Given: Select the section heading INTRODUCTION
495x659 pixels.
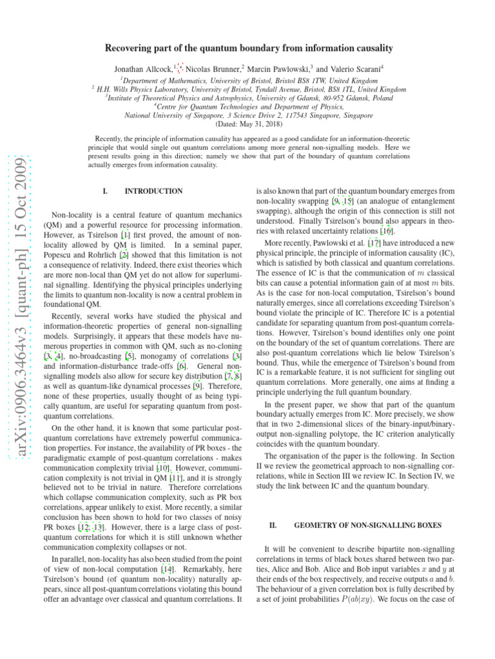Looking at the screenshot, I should (x=153, y=191).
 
